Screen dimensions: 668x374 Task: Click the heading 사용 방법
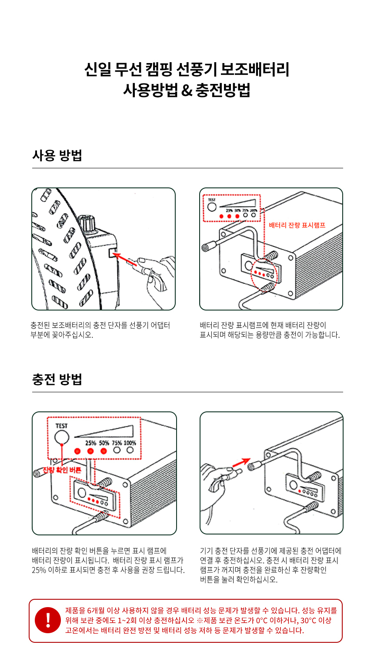click(x=57, y=155)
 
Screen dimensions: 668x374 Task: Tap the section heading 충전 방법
click(x=57, y=379)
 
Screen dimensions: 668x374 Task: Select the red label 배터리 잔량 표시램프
click(x=297, y=225)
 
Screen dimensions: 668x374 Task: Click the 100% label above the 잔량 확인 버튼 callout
click(x=130, y=443)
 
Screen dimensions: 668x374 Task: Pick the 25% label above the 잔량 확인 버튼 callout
click(x=90, y=443)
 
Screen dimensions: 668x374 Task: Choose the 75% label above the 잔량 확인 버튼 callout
click(x=117, y=443)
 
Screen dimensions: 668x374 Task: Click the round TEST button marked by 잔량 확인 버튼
click(x=62, y=438)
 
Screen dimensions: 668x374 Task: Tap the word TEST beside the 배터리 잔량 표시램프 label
click(x=212, y=200)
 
